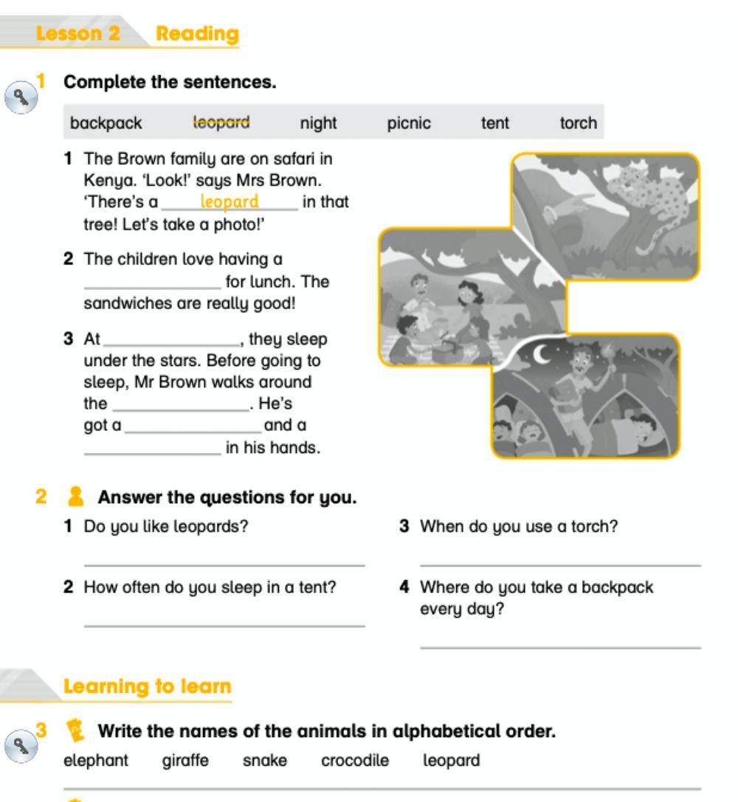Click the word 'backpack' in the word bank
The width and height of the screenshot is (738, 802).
(106, 123)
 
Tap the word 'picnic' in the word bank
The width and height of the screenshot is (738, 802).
(409, 123)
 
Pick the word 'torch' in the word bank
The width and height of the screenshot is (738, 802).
(578, 123)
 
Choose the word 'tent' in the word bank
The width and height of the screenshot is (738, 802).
(494, 123)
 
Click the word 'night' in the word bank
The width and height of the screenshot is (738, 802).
(318, 123)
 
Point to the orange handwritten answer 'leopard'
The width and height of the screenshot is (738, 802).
(230, 201)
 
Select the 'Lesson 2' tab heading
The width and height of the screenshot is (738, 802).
(79, 34)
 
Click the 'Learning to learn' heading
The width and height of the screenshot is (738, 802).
(147, 686)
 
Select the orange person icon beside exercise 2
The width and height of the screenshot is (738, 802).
(75, 497)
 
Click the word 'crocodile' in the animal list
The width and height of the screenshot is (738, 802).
(355, 760)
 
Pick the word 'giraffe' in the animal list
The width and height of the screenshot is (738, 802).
(185, 760)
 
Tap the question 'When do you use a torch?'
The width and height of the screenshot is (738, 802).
(518, 527)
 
